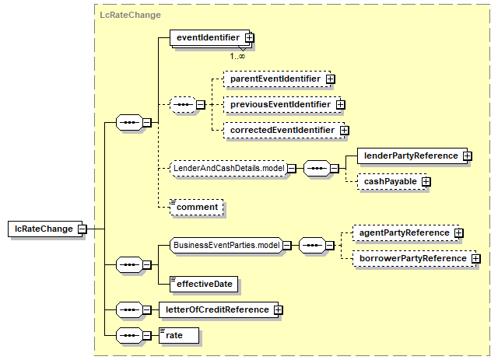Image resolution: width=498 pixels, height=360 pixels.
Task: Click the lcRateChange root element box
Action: pos(45,229)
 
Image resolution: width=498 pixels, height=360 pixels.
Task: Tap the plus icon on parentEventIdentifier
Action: pos(330,79)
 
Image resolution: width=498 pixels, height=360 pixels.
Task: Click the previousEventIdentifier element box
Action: pos(282,104)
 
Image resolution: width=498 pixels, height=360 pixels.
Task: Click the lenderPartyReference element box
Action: pos(412,156)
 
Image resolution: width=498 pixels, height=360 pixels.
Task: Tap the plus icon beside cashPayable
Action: pos(426,182)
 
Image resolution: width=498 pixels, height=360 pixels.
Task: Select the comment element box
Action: pos(197,208)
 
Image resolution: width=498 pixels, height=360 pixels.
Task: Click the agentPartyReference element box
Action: pos(406,233)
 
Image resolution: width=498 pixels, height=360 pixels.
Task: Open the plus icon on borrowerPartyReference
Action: pos(475,259)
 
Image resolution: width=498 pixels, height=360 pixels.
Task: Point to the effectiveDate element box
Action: pos(204,284)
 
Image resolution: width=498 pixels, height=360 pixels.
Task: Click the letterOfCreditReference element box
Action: pos(219,309)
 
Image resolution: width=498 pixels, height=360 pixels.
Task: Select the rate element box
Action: pos(179,336)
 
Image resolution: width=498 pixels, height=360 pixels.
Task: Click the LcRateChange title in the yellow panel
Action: pos(130,15)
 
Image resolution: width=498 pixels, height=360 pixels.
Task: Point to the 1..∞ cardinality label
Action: pos(237,57)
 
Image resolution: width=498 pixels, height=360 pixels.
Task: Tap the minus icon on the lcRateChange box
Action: pos(82,229)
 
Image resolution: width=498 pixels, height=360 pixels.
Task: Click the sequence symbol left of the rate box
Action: pos(130,336)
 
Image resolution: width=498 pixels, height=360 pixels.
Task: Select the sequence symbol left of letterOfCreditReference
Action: pos(130,309)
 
